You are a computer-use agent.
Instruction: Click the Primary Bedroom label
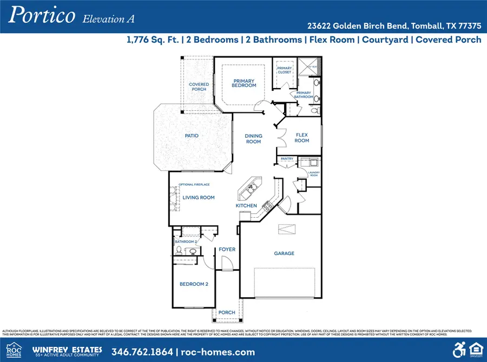coord(244,83)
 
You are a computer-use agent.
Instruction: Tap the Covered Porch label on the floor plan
coord(199,86)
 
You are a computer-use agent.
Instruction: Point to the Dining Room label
coord(253,139)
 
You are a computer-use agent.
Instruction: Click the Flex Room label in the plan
coord(301,137)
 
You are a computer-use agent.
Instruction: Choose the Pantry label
coord(286,159)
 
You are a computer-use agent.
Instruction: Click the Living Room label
coord(199,198)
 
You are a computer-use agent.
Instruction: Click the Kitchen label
coord(246,206)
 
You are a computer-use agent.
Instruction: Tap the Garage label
coord(284,253)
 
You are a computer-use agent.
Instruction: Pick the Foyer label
coord(227,250)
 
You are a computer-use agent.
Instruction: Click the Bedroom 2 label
coord(193,284)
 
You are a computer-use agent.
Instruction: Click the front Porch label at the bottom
coord(227,313)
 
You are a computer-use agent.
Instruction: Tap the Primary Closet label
coord(285,70)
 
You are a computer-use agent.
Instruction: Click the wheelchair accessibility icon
coord(459,349)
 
